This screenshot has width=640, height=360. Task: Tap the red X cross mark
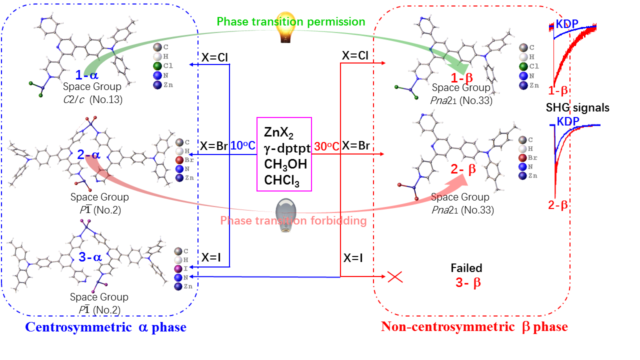tap(395, 276)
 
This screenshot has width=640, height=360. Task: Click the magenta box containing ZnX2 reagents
tap(284, 154)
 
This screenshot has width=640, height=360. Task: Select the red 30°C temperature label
tap(327, 146)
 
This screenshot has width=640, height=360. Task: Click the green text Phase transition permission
tap(291, 21)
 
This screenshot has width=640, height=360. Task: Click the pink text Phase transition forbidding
tap(293, 220)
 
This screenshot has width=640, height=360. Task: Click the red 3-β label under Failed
tap(468, 282)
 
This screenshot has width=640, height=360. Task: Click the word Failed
tap(466, 268)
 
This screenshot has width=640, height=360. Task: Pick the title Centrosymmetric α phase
tap(105, 327)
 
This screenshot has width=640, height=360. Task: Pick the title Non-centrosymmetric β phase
tap(474, 327)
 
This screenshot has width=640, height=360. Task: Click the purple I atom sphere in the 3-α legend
tap(178, 269)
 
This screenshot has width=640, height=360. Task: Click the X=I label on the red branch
tap(354, 258)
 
